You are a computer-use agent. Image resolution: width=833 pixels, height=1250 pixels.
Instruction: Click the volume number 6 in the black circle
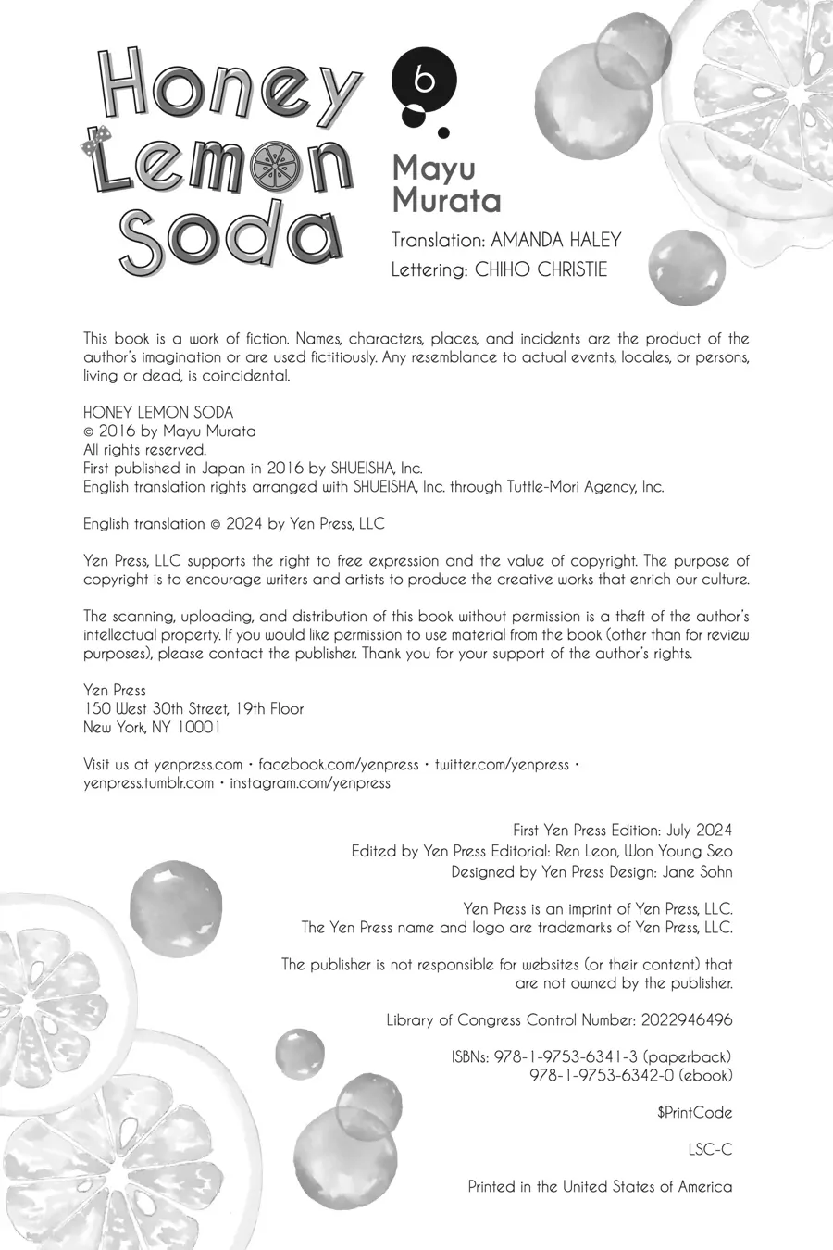[x=425, y=81]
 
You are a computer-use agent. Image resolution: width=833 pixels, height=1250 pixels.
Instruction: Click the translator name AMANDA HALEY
[x=555, y=240]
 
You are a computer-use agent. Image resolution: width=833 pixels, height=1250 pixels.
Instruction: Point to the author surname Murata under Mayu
[x=446, y=200]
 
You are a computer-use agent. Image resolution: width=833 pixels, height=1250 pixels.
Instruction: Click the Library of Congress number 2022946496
[x=686, y=1019]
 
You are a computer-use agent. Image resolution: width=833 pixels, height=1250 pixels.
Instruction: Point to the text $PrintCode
[x=694, y=1112]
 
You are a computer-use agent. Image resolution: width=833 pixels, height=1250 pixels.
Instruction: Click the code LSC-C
[x=710, y=1149]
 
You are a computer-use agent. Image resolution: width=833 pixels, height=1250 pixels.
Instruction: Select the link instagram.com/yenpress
[x=310, y=782]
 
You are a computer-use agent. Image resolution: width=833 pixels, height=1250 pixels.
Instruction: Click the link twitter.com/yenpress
[x=502, y=764]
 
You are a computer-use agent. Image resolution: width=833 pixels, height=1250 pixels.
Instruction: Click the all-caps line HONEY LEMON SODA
[x=158, y=412]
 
